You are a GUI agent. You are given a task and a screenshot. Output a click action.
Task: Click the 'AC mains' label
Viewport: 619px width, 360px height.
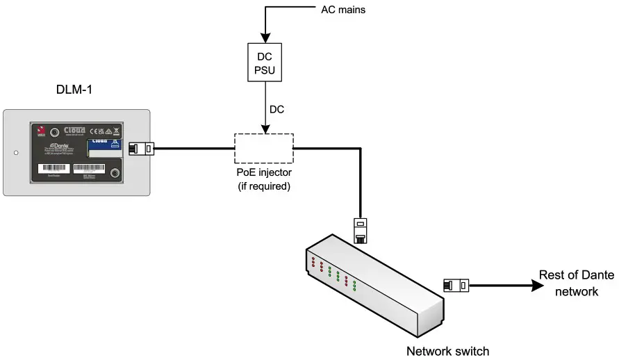click(x=342, y=10)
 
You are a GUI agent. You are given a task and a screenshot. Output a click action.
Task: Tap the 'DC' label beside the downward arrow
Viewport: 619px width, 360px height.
click(x=277, y=109)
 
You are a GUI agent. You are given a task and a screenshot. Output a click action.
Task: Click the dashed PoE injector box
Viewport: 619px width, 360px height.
click(x=263, y=148)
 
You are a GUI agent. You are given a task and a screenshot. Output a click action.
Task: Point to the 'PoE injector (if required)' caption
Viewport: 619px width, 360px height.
click(x=263, y=180)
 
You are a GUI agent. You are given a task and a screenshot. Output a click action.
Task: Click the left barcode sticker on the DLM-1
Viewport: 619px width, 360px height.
click(x=53, y=168)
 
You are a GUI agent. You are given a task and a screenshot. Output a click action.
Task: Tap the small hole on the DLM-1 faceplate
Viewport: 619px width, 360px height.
click(x=15, y=152)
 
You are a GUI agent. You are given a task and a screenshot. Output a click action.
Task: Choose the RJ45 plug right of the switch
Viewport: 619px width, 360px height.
click(x=456, y=284)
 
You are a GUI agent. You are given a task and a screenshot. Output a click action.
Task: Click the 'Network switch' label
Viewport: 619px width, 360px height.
click(x=447, y=351)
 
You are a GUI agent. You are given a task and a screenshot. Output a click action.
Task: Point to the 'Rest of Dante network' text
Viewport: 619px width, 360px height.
click(x=577, y=284)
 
